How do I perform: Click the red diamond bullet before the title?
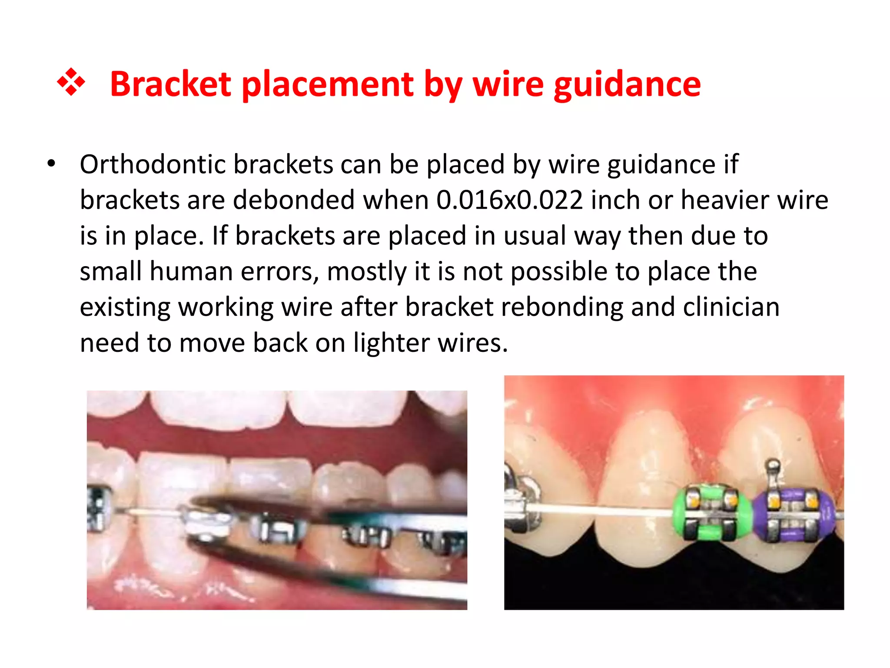point(71,82)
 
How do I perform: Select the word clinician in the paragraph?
point(731,307)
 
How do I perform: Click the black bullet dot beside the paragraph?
point(52,164)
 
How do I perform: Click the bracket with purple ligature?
point(794,516)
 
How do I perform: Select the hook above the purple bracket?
point(773,468)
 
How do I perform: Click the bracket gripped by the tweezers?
point(207,524)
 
